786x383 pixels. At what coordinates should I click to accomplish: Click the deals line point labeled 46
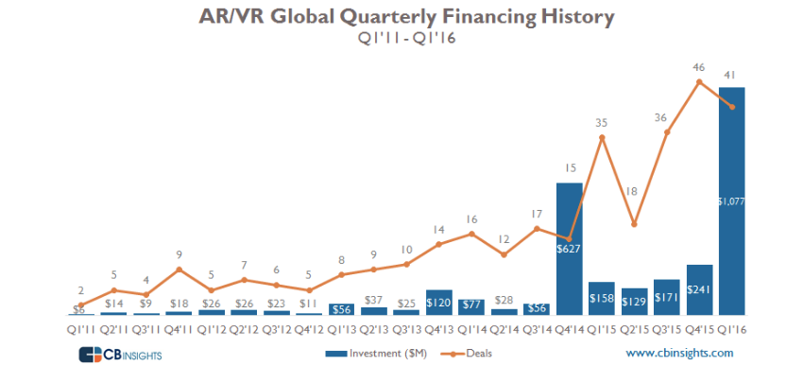(x=699, y=81)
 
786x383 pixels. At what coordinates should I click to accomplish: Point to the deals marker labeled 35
(x=602, y=138)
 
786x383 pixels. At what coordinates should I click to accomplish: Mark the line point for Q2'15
(x=634, y=224)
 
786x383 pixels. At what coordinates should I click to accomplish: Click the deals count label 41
(x=732, y=74)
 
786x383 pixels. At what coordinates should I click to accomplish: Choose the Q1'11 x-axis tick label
(x=82, y=328)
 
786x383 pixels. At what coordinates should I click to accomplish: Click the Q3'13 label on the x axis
(x=406, y=328)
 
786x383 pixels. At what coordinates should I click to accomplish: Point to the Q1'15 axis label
(x=602, y=328)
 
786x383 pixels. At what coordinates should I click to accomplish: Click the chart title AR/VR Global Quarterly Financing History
(x=393, y=17)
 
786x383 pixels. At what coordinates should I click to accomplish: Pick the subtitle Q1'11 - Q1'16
(x=393, y=39)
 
